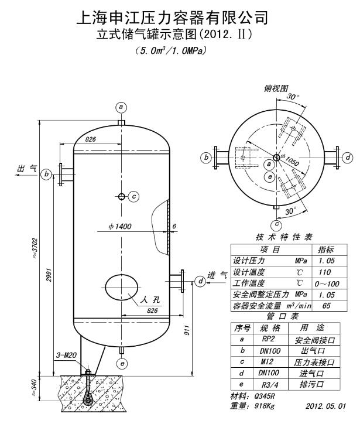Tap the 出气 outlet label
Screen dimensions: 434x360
(28, 169)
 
